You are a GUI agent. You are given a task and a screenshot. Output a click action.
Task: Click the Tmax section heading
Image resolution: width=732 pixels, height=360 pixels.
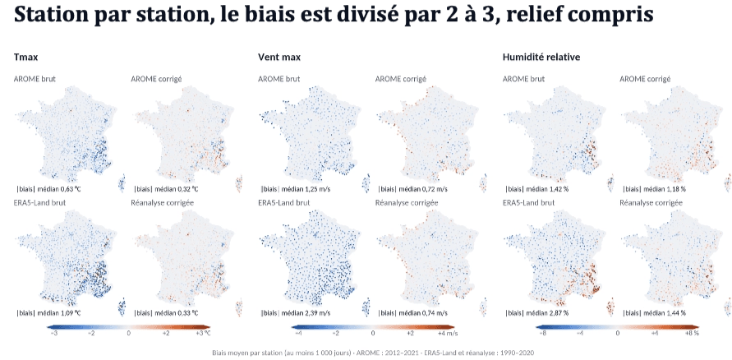point(25,57)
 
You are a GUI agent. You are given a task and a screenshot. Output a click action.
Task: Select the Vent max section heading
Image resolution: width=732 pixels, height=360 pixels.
point(279,57)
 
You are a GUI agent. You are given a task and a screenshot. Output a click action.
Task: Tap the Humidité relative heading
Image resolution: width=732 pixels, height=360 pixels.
point(541,57)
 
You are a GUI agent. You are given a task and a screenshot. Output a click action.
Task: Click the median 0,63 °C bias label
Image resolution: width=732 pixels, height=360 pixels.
point(49,189)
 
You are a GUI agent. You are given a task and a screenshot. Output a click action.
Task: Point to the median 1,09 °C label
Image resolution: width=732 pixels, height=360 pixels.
point(49,312)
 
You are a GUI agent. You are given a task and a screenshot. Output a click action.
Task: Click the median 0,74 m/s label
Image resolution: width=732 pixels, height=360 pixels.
point(412,312)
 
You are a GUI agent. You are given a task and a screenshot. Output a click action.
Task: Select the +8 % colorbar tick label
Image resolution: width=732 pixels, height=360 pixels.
point(693,334)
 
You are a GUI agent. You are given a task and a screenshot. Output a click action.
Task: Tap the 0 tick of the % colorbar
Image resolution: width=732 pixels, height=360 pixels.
point(618,334)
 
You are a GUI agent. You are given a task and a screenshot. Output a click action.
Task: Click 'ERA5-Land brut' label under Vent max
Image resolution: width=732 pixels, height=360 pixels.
point(283,203)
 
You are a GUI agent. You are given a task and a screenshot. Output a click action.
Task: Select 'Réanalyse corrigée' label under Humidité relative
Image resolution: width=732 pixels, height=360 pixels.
point(651,203)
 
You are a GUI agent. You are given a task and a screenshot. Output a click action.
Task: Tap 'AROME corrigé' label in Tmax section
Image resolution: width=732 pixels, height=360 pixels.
point(156,78)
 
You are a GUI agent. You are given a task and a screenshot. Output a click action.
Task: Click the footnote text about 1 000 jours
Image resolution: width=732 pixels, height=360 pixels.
point(372,353)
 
